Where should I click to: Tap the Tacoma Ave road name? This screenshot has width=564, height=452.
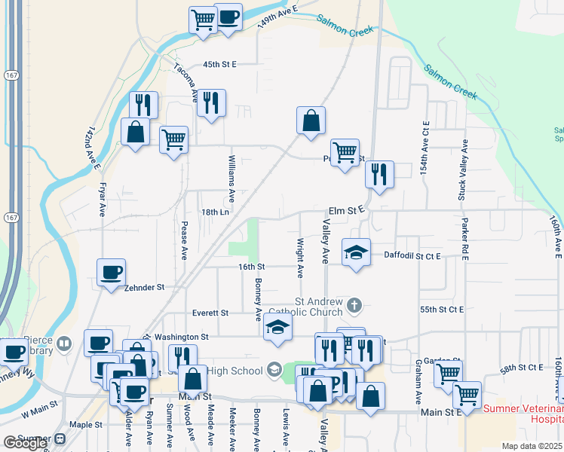[185, 81]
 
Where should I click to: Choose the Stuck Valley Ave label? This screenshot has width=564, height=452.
[464, 169]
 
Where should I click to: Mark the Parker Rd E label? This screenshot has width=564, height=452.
[465, 240]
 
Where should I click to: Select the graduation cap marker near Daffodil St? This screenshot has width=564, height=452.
[356, 253]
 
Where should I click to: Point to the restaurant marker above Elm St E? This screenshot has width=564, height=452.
[379, 176]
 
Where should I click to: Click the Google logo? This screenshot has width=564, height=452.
[25, 443]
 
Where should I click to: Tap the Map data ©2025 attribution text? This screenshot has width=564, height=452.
[532, 446]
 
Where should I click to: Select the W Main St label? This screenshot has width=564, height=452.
[40, 414]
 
